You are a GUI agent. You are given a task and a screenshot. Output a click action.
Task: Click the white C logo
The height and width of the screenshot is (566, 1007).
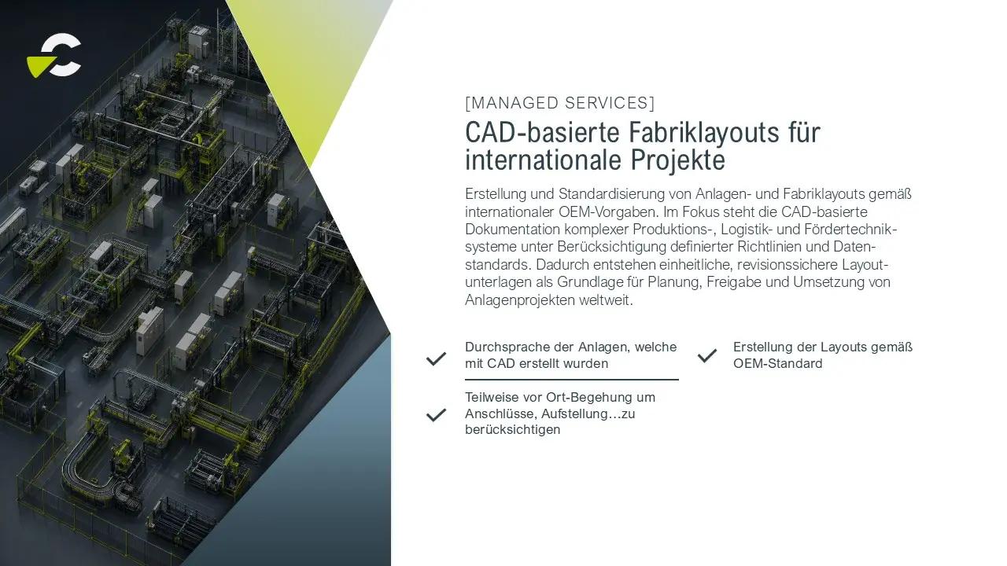pyautogui.click(x=61, y=55)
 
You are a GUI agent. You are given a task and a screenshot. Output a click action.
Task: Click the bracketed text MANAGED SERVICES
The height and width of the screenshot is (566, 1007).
pyautogui.click(x=559, y=103)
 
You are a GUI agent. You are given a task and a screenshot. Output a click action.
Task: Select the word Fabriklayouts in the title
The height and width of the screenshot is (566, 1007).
pyautogui.click(x=704, y=133)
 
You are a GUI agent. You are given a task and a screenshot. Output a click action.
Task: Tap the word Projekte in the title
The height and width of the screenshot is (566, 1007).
pyautogui.click(x=678, y=160)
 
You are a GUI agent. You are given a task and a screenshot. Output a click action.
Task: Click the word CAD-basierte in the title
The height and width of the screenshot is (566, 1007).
pyautogui.click(x=543, y=132)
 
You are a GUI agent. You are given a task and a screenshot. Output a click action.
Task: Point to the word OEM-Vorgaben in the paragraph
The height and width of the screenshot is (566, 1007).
pyautogui.click(x=609, y=211)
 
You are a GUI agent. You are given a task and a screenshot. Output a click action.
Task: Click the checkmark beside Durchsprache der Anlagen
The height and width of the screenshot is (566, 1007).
pyautogui.click(x=436, y=358)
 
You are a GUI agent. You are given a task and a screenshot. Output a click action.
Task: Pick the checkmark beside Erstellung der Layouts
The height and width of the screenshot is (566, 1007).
pyautogui.click(x=707, y=356)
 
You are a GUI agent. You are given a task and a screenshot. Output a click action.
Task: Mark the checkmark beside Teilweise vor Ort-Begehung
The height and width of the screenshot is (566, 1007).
pyautogui.click(x=436, y=415)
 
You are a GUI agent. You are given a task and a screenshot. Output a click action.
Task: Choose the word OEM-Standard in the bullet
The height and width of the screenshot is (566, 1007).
pyautogui.click(x=778, y=363)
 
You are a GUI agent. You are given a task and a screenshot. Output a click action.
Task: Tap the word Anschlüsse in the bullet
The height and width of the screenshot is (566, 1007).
pyautogui.click(x=501, y=413)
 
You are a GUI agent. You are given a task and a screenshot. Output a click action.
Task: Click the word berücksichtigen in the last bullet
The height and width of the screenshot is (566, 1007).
pyautogui.click(x=512, y=430)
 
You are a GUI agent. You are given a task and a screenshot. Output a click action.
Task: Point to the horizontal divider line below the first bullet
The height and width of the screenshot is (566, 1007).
pyautogui.click(x=572, y=380)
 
